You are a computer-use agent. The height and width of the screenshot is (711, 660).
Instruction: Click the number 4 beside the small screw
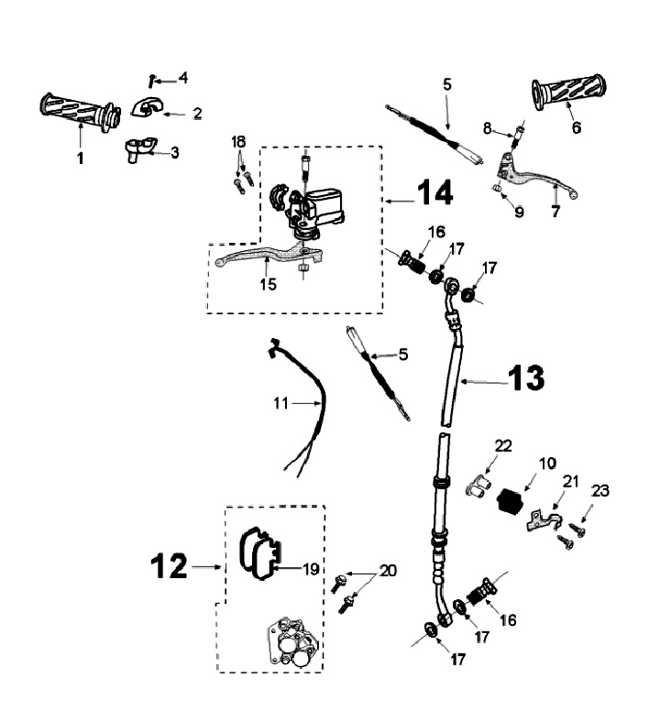click(183, 79)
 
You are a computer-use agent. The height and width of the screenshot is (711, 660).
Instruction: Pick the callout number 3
click(175, 152)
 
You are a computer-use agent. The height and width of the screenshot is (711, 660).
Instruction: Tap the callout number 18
click(238, 142)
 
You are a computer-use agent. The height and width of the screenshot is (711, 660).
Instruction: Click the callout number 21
click(570, 482)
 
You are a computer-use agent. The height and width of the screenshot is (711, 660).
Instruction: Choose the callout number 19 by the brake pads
click(311, 569)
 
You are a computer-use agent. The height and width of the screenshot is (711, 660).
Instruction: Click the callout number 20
click(389, 570)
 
